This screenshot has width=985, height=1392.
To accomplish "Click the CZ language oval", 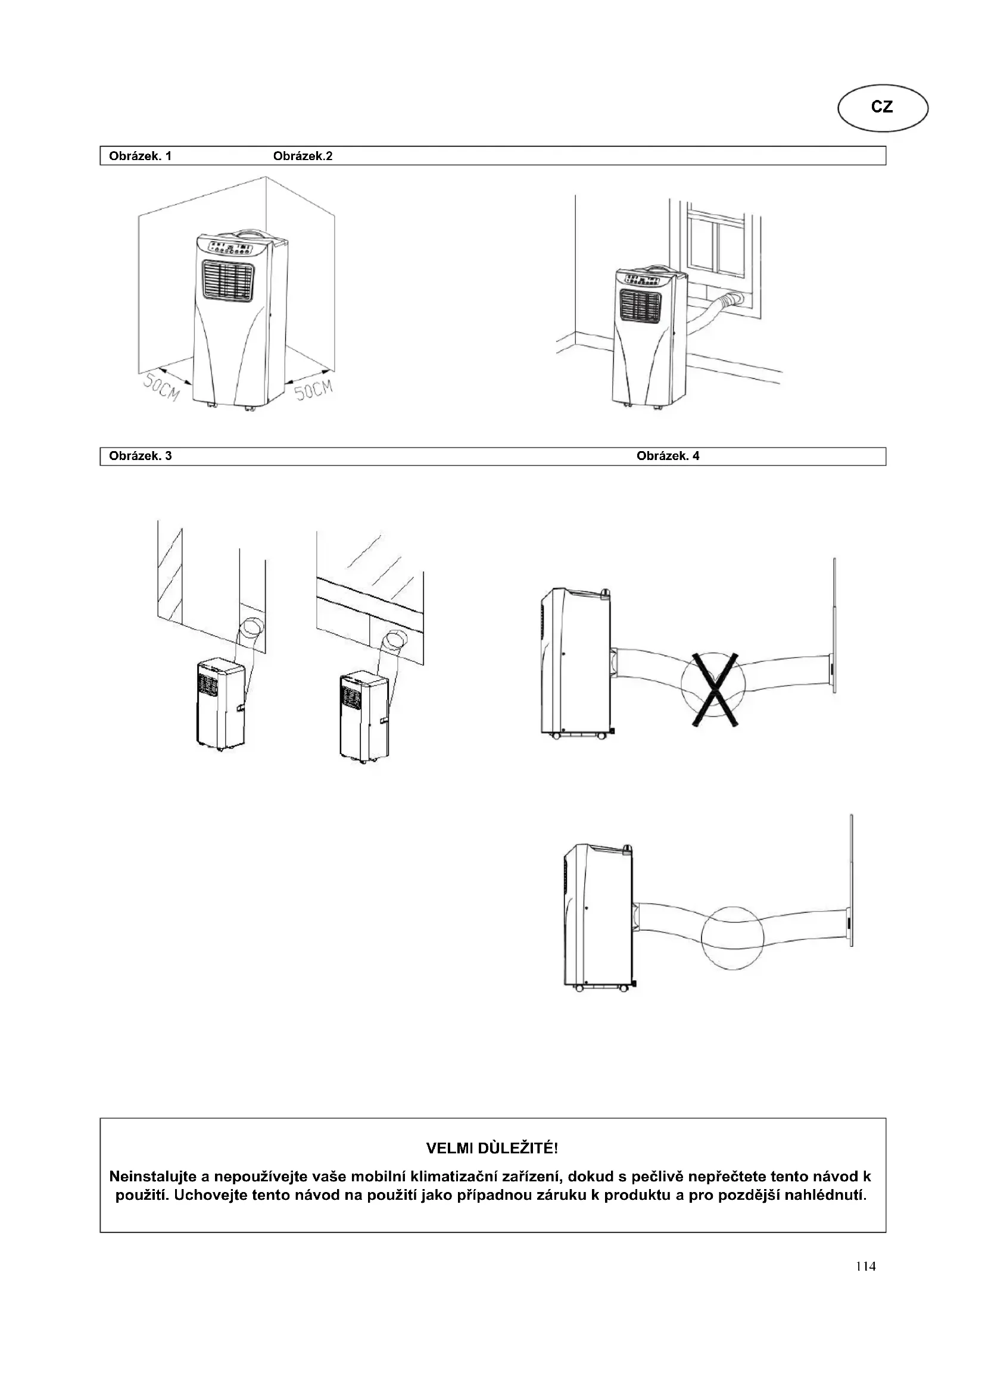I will click(x=883, y=107).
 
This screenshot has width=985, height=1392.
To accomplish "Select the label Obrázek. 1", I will click(x=140, y=156).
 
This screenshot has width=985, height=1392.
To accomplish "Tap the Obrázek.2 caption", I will click(x=303, y=156).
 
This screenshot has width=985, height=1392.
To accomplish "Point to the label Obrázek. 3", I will click(x=140, y=456).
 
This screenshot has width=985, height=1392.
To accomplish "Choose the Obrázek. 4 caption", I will click(x=668, y=456).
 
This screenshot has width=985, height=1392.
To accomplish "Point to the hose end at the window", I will click(x=737, y=298).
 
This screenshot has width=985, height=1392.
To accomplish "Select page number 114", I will click(x=865, y=1266).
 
